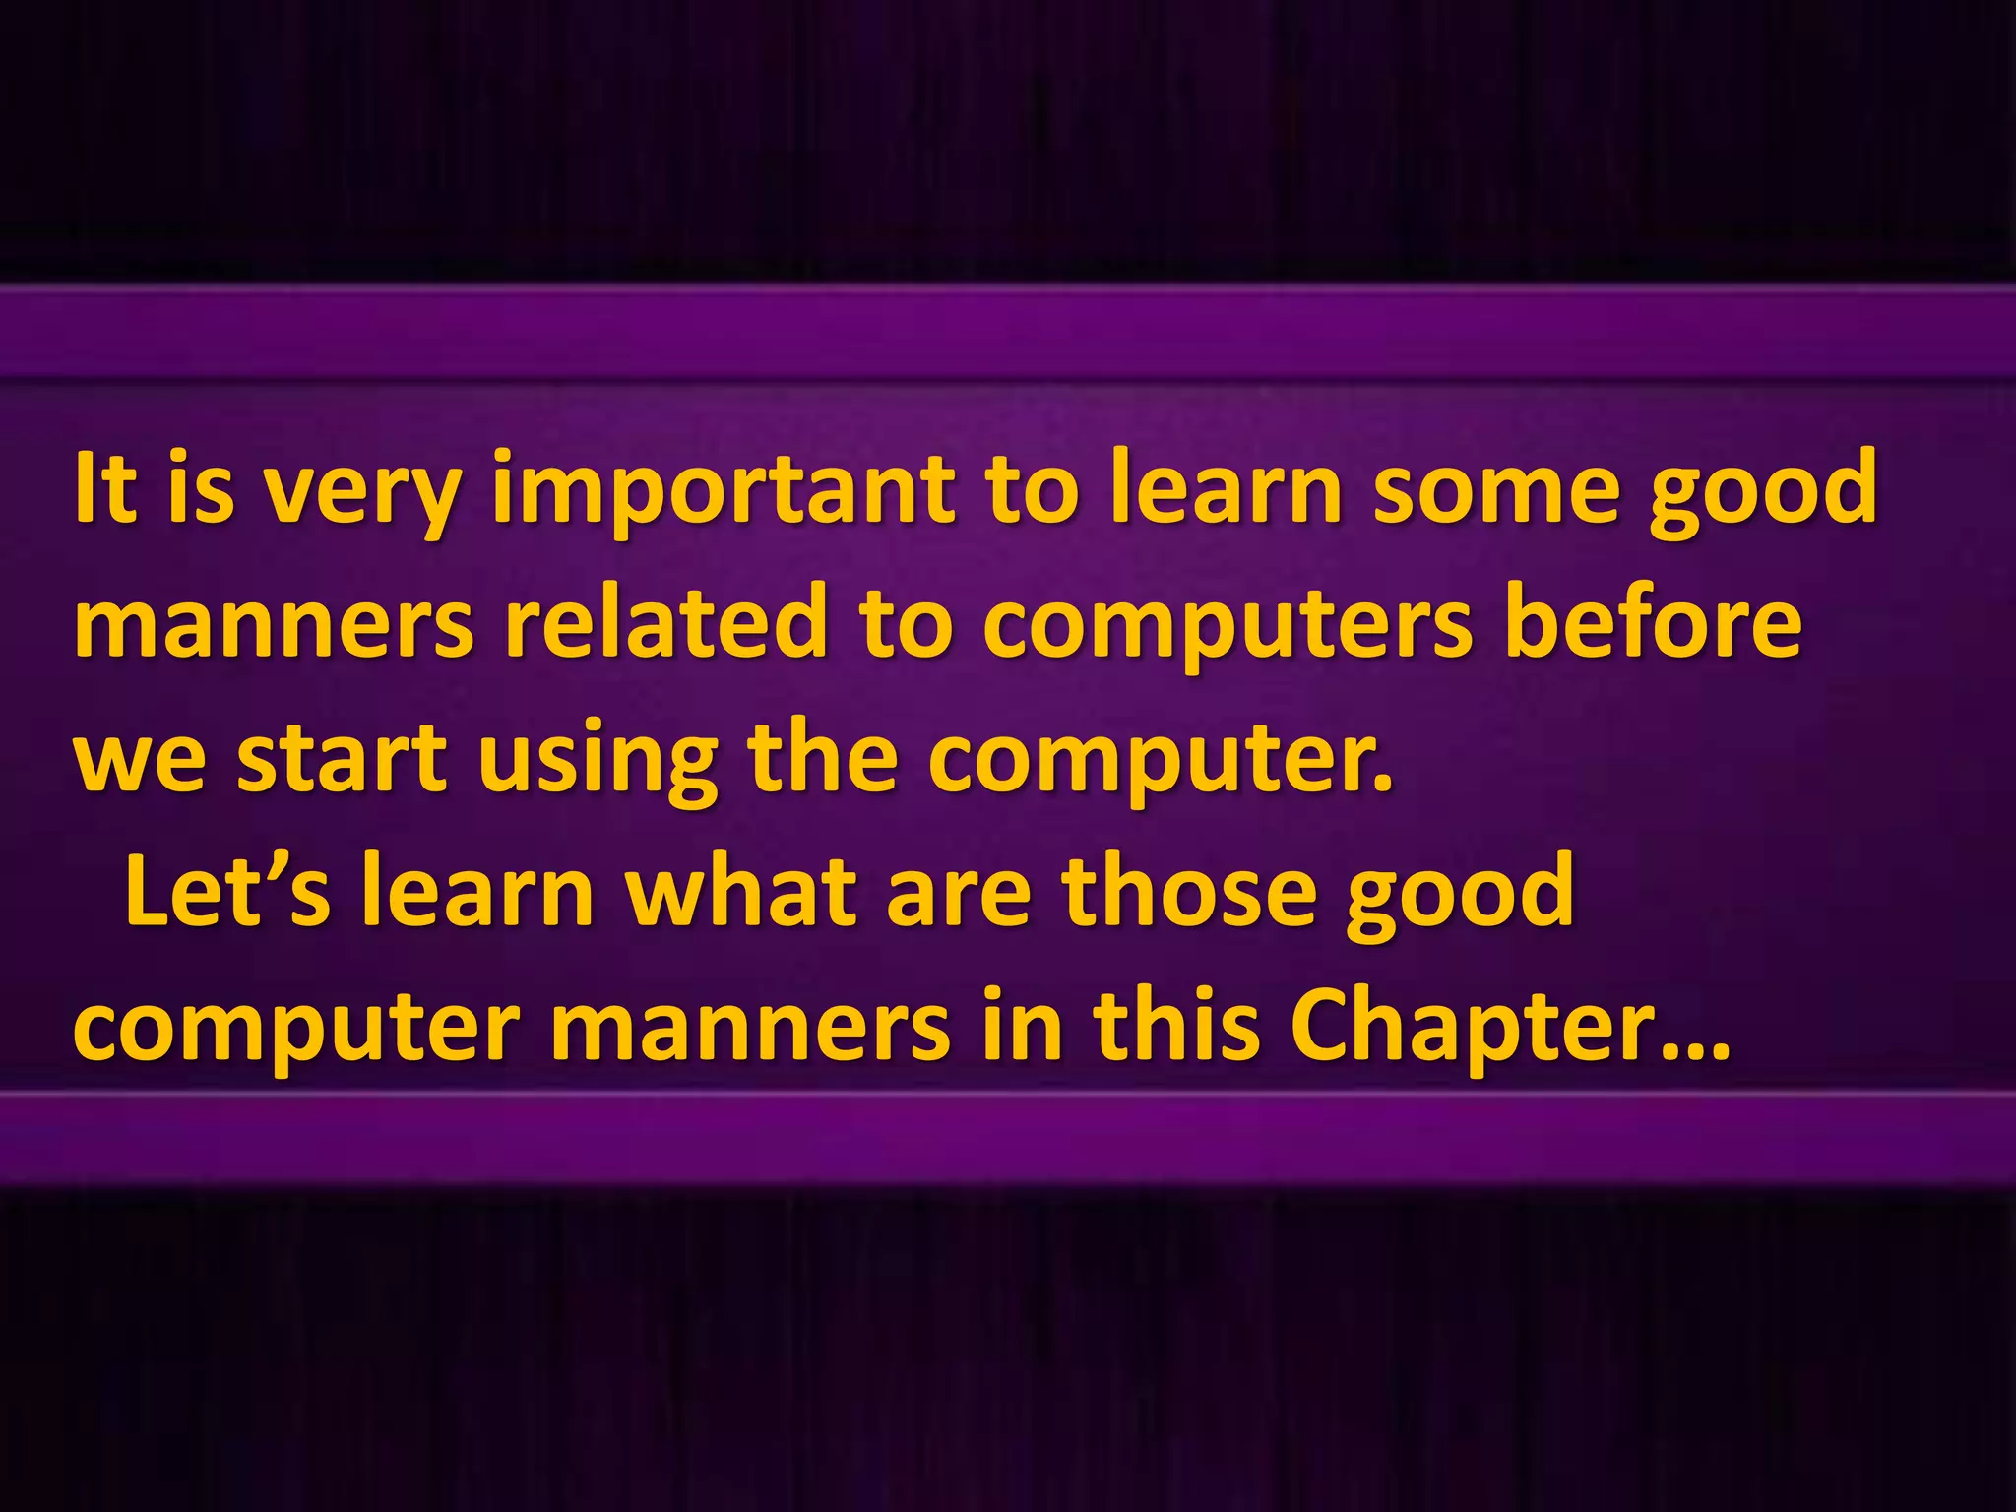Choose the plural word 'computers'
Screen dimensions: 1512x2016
(1228, 626)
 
